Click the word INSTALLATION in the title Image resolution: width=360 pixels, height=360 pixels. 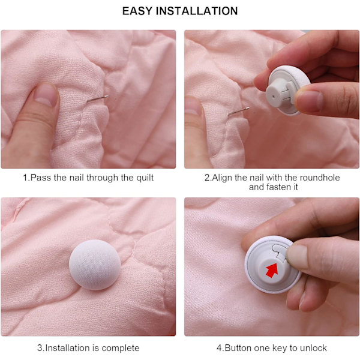click(x=197, y=11)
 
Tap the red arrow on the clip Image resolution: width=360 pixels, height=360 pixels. click(x=272, y=270)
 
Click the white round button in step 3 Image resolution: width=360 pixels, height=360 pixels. click(x=95, y=265)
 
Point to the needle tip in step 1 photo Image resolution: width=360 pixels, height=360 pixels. click(x=107, y=96)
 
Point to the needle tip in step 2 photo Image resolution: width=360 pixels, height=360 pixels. click(x=248, y=108)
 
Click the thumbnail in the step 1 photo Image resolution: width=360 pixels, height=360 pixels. click(x=46, y=95)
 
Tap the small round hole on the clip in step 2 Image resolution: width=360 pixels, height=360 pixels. click(x=273, y=97)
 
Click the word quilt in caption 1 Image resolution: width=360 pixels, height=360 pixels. click(x=145, y=178)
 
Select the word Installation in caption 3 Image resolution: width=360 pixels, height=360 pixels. click(x=68, y=348)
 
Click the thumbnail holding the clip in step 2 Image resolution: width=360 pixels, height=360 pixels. click(x=309, y=101)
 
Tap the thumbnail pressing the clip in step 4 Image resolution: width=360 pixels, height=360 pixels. click(x=297, y=257)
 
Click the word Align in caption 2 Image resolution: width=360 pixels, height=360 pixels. click(x=222, y=178)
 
